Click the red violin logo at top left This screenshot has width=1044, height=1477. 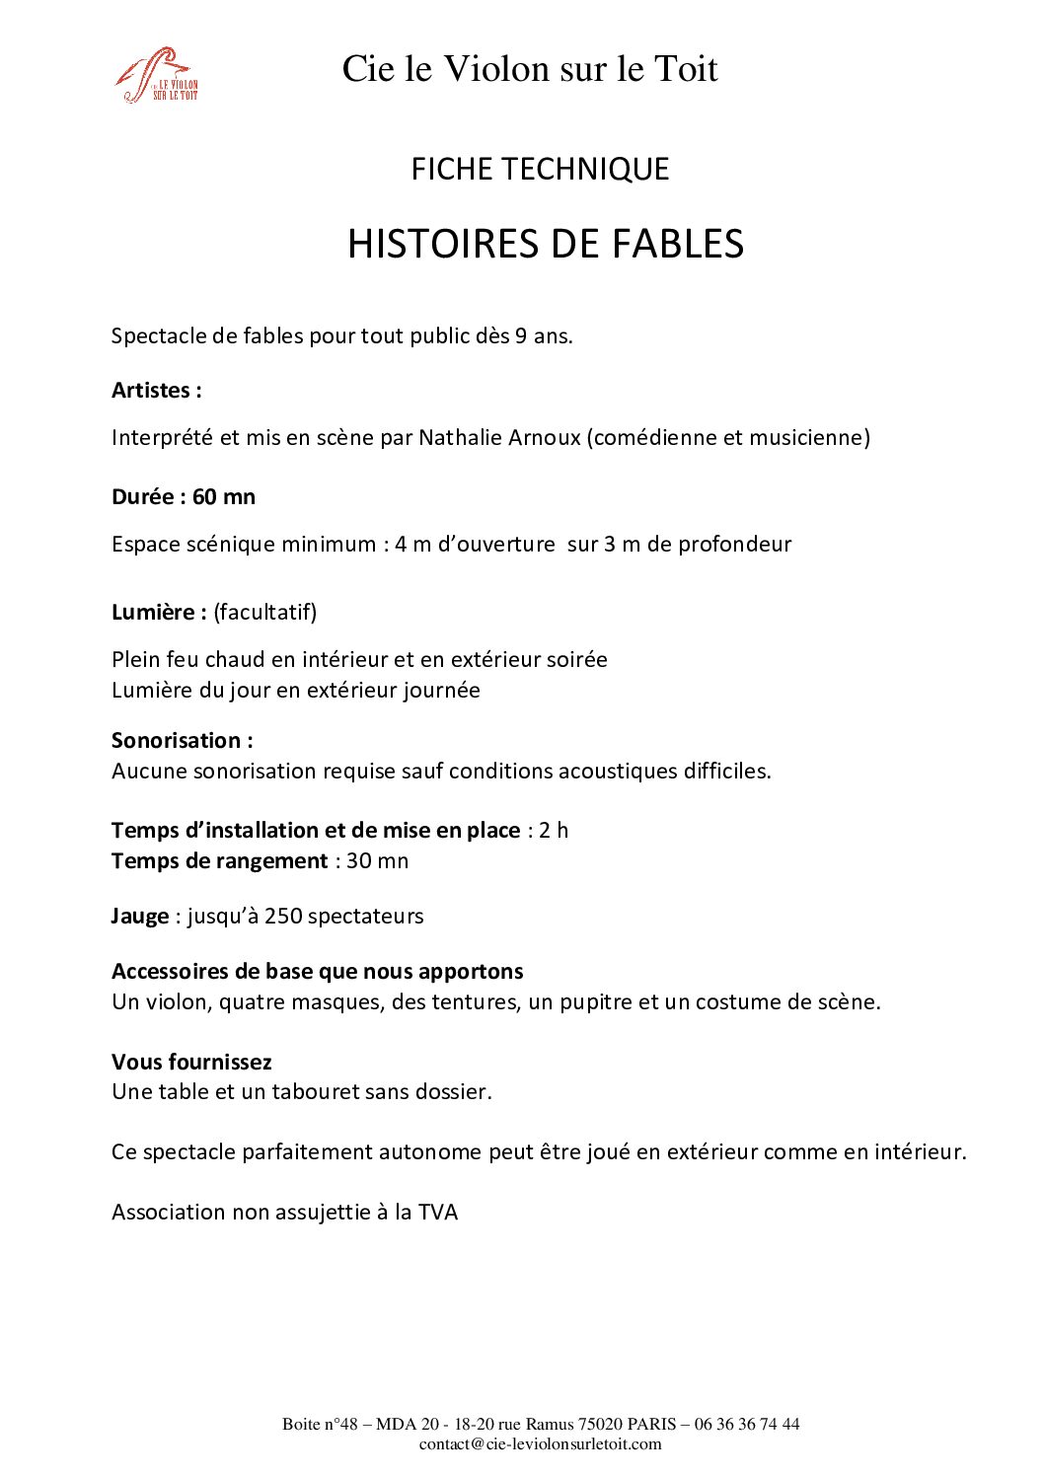coord(156,75)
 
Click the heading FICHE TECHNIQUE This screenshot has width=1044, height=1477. coord(540,169)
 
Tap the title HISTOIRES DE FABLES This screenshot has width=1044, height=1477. coord(545,244)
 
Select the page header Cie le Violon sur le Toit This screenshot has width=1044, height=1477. coord(530,68)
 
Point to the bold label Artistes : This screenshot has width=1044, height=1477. coord(157,390)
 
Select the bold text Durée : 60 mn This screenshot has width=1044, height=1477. coord(184,496)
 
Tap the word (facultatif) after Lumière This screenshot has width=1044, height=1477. coord(265,612)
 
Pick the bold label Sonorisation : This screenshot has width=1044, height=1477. coord(183,740)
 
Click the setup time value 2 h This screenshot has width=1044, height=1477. coord(554,830)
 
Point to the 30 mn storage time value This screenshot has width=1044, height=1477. coord(377,860)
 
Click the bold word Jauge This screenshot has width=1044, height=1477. coord(140,916)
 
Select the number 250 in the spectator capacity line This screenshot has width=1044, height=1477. coord(283,916)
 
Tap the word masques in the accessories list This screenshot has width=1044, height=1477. coord(348,1001)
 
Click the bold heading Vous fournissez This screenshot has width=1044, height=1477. coord(191,1062)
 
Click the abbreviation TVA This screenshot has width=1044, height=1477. coord(438,1212)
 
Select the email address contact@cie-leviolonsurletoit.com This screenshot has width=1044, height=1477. coord(540,1443)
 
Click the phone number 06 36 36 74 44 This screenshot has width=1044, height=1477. coord(747,1424)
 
